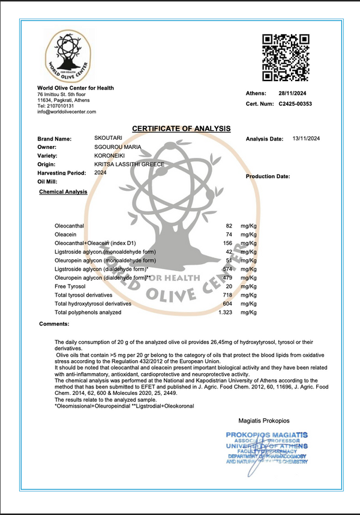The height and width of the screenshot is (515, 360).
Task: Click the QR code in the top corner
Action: (286, 57)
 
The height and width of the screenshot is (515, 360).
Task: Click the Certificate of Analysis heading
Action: (181, 128)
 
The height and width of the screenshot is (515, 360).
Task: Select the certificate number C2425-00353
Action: (295, 103)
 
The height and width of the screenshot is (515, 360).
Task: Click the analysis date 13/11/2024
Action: (306, 139)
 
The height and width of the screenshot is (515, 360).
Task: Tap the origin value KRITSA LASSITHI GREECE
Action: (129, 164)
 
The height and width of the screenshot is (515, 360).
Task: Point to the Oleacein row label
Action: (65, 233)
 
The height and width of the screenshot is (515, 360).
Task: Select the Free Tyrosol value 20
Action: (229, 287)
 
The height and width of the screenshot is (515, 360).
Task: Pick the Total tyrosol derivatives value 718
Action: (227, 296)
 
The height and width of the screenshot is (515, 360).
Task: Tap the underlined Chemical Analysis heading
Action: (63, 192)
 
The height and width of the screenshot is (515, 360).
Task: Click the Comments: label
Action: (55, 324)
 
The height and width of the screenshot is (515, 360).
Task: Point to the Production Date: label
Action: (268, 176)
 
